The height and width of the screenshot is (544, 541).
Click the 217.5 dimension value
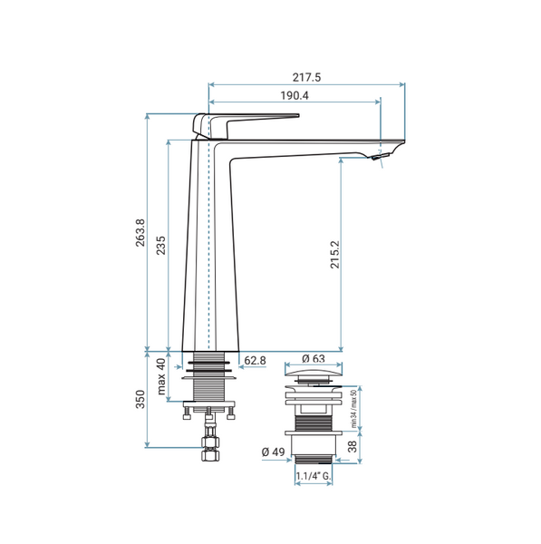(306, 77)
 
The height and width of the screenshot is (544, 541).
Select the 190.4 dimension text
(295, 95)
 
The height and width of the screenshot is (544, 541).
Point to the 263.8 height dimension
(140, 233)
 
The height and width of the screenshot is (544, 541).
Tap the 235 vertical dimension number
(161, 246)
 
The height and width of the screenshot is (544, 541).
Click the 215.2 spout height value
(335, 255)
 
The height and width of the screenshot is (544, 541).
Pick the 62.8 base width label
(255, 361)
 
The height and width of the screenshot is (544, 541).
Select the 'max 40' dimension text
(161, 377)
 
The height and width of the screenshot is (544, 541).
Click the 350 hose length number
(140, 399)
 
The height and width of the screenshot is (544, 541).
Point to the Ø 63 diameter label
(314, 358)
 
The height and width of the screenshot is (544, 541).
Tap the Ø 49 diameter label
(274, 452)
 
